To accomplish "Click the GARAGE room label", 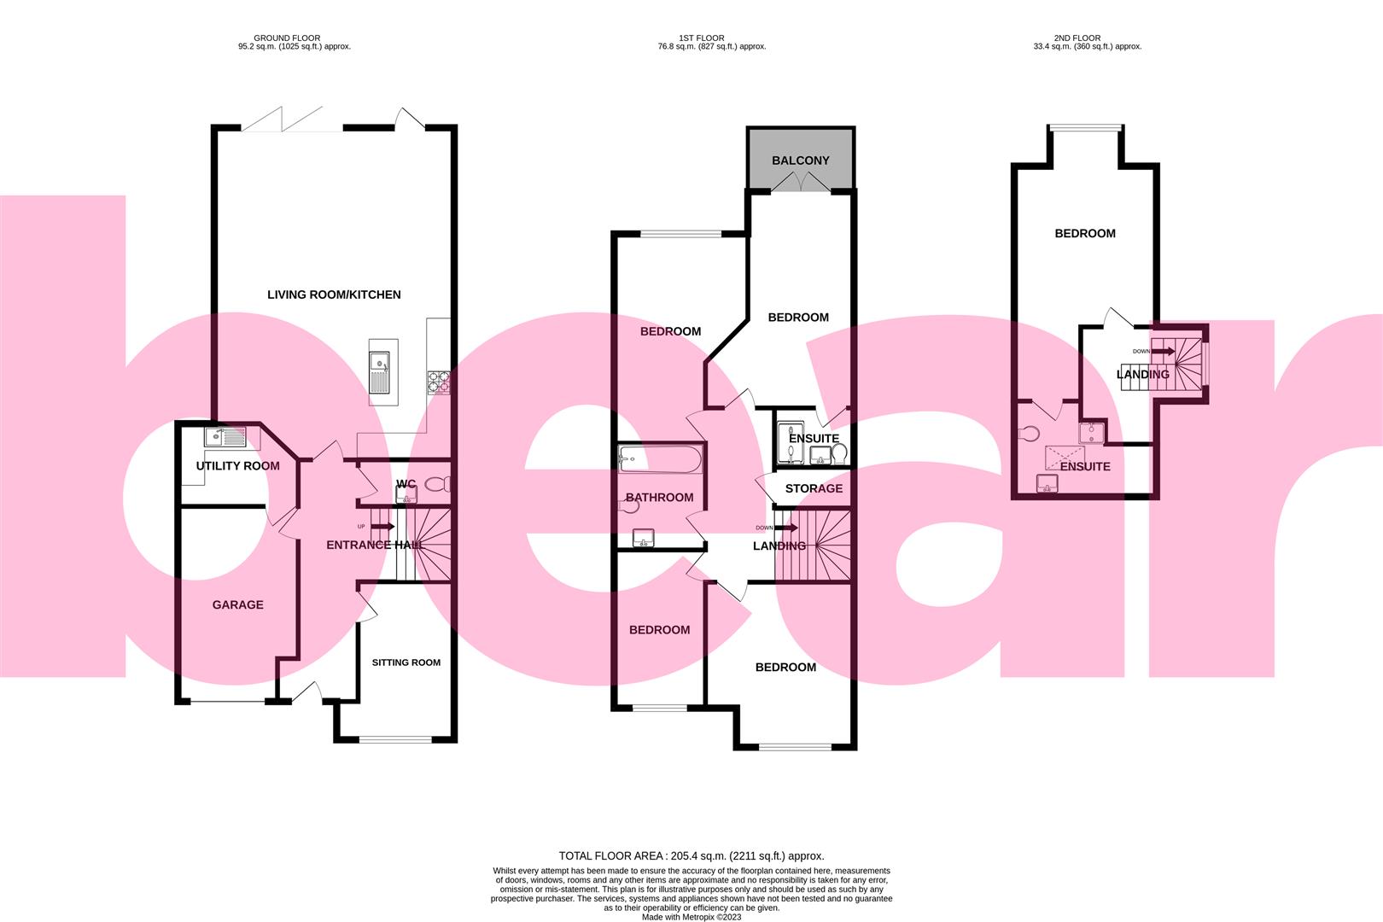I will tap(237, 604).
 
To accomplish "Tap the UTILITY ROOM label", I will tap(237, 466).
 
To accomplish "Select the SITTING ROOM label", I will tap(406, 662).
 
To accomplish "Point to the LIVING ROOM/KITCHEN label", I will tap(334, 295).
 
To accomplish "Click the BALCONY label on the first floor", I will tap(800, 160).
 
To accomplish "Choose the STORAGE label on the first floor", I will tap(814, 488).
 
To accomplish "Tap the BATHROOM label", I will tap(659, 497).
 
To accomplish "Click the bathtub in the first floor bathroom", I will tap(661, 460).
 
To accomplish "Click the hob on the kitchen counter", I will tap(439, 381).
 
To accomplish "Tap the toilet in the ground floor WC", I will tap(435, 485).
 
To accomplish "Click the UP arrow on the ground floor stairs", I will tap(381, 527).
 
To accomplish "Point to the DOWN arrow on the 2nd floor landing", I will tap(1162, 351).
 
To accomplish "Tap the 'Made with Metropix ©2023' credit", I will tap(691, 917).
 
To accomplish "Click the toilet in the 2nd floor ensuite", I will tap(1028, 434).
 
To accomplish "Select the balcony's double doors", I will tap(800, 182).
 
